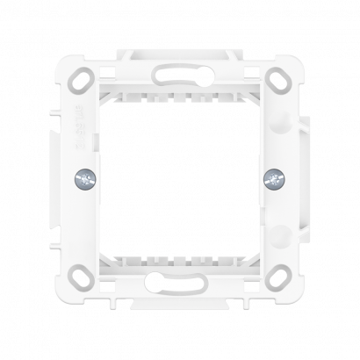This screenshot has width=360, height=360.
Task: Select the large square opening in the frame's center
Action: [x=180, y=180]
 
